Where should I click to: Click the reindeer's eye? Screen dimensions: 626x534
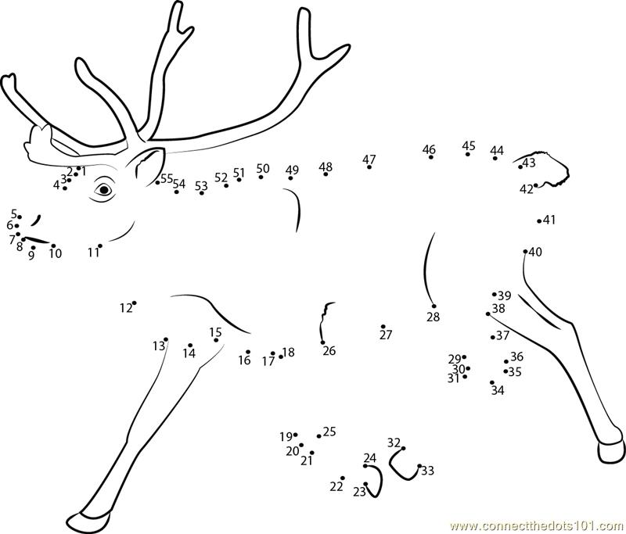point(104,190)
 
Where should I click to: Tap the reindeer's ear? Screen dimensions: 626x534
point(149,164)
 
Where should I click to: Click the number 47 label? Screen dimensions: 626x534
point(369,159)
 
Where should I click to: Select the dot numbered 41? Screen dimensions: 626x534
point(539,221)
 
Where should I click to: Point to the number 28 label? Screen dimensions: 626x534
point(434,317)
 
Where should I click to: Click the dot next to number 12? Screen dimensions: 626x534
point(134,303)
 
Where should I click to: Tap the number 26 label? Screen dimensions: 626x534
point(329,351)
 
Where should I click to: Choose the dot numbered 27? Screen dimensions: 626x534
point(383,326)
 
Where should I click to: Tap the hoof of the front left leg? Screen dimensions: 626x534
point(88,518)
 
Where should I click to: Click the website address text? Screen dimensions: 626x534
point(538,525)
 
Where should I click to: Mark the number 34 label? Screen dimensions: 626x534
point(498,390)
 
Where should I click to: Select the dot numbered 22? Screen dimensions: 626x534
point(343,478)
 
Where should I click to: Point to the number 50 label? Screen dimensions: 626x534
point(263,168)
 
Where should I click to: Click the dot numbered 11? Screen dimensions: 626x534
point(100,245)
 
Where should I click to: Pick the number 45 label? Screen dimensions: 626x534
point(469,145)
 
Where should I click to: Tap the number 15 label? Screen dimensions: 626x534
point(215,332)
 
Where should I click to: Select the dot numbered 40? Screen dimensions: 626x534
point(525,251)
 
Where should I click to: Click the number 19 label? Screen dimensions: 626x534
point(286,437)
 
